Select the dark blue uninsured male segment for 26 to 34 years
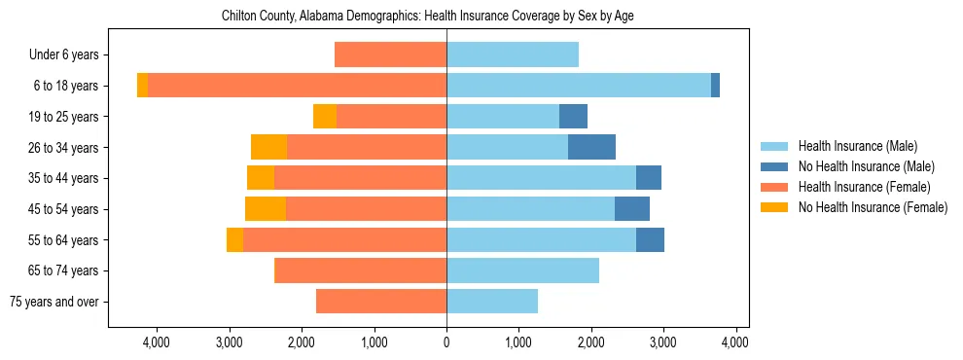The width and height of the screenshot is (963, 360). [591, 147]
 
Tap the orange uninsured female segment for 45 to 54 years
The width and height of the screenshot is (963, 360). [265, 208]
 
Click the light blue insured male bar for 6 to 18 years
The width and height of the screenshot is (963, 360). [579, 86]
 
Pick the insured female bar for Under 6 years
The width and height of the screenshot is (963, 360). [390, 54]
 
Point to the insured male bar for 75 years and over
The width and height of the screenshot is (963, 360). [492, 302]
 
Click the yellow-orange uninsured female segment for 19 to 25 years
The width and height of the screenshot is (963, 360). [325, 116]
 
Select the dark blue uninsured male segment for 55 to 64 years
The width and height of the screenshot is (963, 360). [650, 239]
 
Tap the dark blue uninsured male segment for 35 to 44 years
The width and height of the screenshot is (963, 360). [649, 178]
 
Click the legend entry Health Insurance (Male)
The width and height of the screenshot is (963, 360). [857, 146]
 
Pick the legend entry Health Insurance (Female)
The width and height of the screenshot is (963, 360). [864, 187]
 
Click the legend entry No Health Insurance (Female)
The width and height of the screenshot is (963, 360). [873, 207]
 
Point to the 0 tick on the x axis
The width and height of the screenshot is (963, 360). [446, 342]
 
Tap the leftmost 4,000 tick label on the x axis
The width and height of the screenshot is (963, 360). [157, 342]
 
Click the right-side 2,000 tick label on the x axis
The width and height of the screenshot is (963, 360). [591, 342]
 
